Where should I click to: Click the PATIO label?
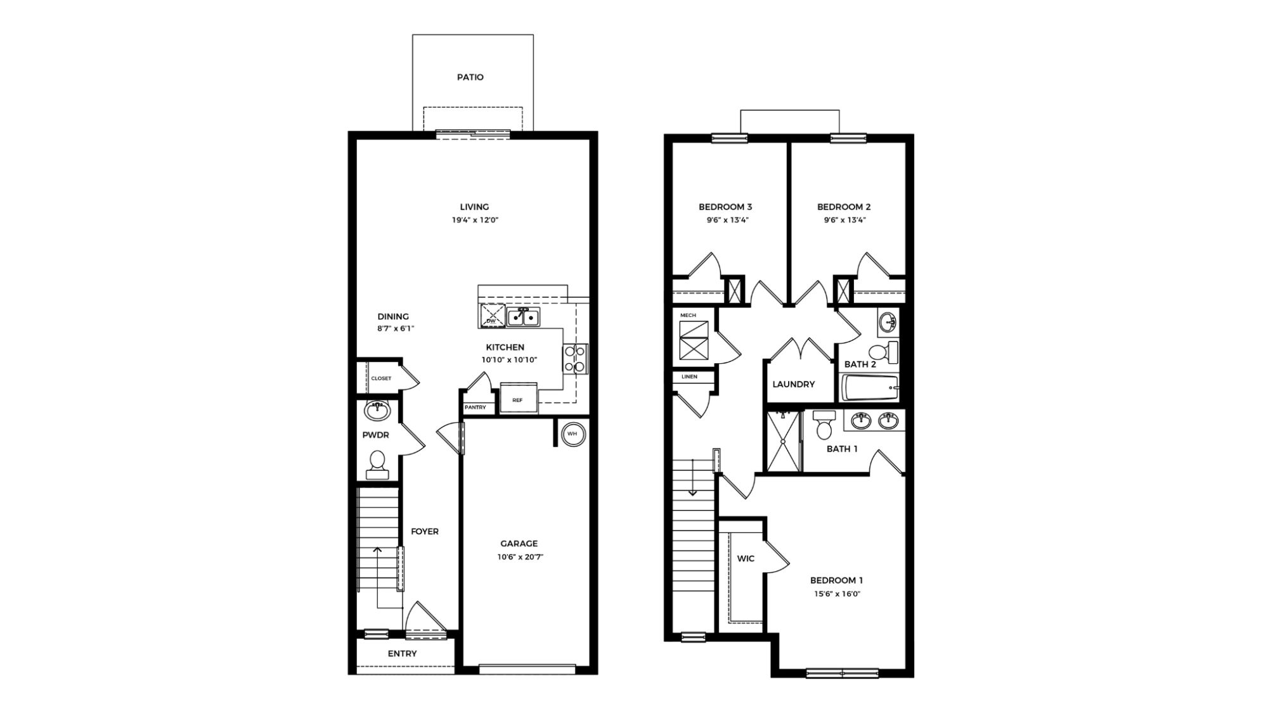(470, 77)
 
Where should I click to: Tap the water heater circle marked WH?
(572, 434)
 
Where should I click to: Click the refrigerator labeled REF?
(518, 399)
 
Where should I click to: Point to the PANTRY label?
(475, 408)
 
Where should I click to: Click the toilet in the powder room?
(377, 463)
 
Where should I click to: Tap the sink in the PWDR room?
(377, 411)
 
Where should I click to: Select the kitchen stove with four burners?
(575, 358)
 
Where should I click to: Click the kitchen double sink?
(523, 316)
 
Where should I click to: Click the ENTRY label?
(402, 653)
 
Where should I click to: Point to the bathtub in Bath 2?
(869, 387)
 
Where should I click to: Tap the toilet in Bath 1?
(824, 425)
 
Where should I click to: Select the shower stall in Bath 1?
(784, 442)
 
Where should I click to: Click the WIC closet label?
(746, 558)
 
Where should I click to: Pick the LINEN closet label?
(689, 376)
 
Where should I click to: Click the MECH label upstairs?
(688, 315)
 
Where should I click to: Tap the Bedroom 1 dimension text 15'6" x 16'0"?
(836, 594)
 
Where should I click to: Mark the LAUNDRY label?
(793, 384)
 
